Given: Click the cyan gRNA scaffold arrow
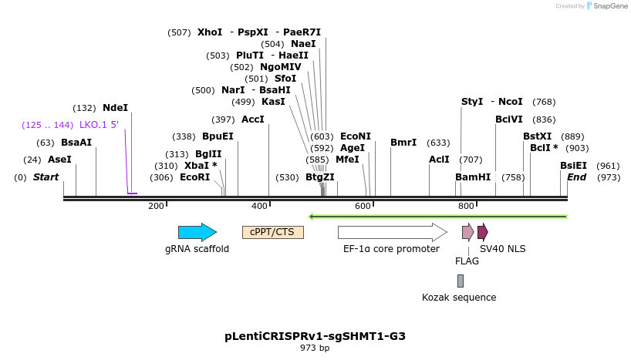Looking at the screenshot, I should tap(197, 232).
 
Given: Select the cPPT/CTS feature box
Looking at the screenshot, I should tap(273, 232).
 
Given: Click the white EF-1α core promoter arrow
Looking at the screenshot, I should tap(392, 232).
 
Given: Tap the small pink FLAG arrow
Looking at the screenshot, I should tap(467, 232).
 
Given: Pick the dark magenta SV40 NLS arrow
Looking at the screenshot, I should tap(482, 232).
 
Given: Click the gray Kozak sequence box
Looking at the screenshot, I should tap(460, 281).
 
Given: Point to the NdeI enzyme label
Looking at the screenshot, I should tap(115, 108).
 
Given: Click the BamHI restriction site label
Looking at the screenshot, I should tap(473, 177).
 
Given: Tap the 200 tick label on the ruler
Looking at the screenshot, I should tap(157, 206).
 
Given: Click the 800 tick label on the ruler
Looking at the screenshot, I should tap(466, 206).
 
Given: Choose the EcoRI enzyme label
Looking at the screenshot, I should tap(194, 177).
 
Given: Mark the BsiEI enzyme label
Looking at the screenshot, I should tap(573, 166).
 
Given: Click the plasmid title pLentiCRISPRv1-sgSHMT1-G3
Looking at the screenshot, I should tap(315, 336).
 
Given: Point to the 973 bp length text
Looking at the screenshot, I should tap(315, 348).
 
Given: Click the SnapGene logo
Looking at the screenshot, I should tap(607, 6).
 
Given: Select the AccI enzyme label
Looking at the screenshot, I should tap(253, 119).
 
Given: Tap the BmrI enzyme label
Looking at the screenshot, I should tap(403, 143).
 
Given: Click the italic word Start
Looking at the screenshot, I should tap(46, 177).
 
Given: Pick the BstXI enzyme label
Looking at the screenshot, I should tap(538, 136).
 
